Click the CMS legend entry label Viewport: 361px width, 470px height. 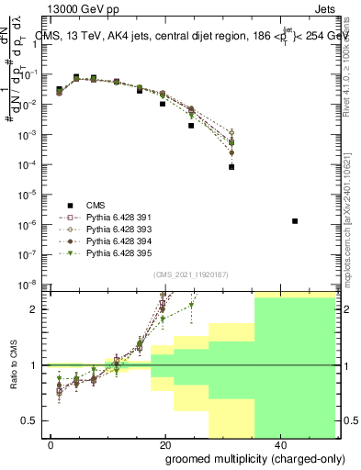click(96, 205)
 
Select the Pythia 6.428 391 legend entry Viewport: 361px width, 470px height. click(116, 217)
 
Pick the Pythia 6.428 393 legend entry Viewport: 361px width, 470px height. click(116, 229)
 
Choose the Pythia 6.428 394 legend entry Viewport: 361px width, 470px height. click(116, 241)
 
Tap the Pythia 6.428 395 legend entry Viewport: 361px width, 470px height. click(116, 252)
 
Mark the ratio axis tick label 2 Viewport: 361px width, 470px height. click(37, 309)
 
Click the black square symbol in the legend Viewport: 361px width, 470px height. click(69, 205)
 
